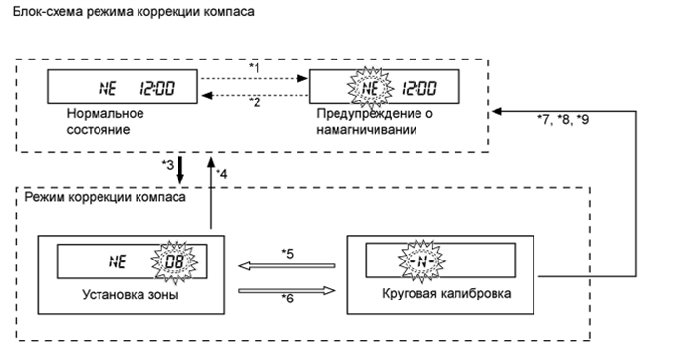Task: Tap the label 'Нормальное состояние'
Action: (x=99, y=123)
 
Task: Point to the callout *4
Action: (x=222, y=173)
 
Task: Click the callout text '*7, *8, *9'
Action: (x=564, y=120)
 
